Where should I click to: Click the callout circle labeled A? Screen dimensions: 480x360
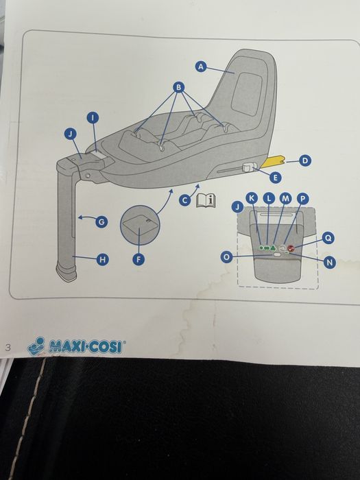pos(201,67)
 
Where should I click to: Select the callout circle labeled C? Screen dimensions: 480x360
pos(184,200)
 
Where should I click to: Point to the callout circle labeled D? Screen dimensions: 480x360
pos(305,161)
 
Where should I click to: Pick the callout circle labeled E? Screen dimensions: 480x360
pos(276,177)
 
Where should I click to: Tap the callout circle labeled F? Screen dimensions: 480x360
pos(139,259)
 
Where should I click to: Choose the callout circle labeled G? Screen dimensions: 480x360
pos(101,221)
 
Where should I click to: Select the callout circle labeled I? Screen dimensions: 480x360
pos(93,118)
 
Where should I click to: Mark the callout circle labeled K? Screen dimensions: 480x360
pos(251,197)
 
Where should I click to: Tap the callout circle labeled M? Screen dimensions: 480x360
pos(286,197)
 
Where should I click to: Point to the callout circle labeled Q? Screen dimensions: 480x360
pos(328,238)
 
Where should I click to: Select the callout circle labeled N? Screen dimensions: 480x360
pos(329,263)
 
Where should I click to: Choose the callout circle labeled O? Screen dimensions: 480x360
pos(226,256)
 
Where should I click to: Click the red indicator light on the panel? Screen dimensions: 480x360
pos(291,249)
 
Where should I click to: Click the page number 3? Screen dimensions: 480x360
pos(8,346)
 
